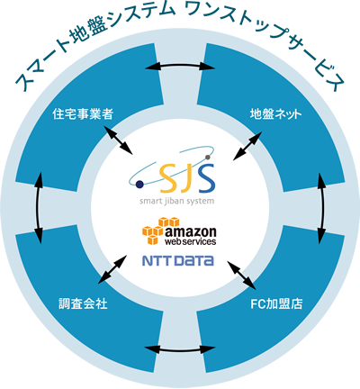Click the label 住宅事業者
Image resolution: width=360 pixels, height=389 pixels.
pos(83,114)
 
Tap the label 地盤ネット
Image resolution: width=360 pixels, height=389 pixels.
pos(275,114)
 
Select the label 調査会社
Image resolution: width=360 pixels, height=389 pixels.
pos(83,304)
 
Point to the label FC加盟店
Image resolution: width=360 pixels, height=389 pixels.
pos(276,304)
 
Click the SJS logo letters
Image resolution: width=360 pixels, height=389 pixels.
pos(187,179)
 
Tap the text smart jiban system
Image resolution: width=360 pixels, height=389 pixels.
pos(176,201)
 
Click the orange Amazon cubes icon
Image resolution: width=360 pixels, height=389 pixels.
pos(159,231)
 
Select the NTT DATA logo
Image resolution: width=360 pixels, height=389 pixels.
pos(178,260)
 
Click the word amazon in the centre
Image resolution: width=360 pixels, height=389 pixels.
pos(191,231)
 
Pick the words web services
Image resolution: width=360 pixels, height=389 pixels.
pos(191,241)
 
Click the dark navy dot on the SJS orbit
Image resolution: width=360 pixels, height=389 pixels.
pos(139,185)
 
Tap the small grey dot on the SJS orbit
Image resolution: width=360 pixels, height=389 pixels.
pos(207,157)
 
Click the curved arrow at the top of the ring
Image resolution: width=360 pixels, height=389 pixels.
pos(180,66)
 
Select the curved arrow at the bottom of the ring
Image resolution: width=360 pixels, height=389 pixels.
pos(180,349)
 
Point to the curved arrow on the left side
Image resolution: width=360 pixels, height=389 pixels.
pos(38,208)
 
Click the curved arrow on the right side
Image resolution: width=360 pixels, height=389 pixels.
pos(322,208)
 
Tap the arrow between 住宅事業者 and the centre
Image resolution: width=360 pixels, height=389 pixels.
pos(118,140)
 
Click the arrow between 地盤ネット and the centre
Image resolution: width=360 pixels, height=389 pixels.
pos(247,146)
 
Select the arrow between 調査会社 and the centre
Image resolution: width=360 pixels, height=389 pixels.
pos(112,269)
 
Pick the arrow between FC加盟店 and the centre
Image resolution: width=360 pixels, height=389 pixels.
pos(241,275)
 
